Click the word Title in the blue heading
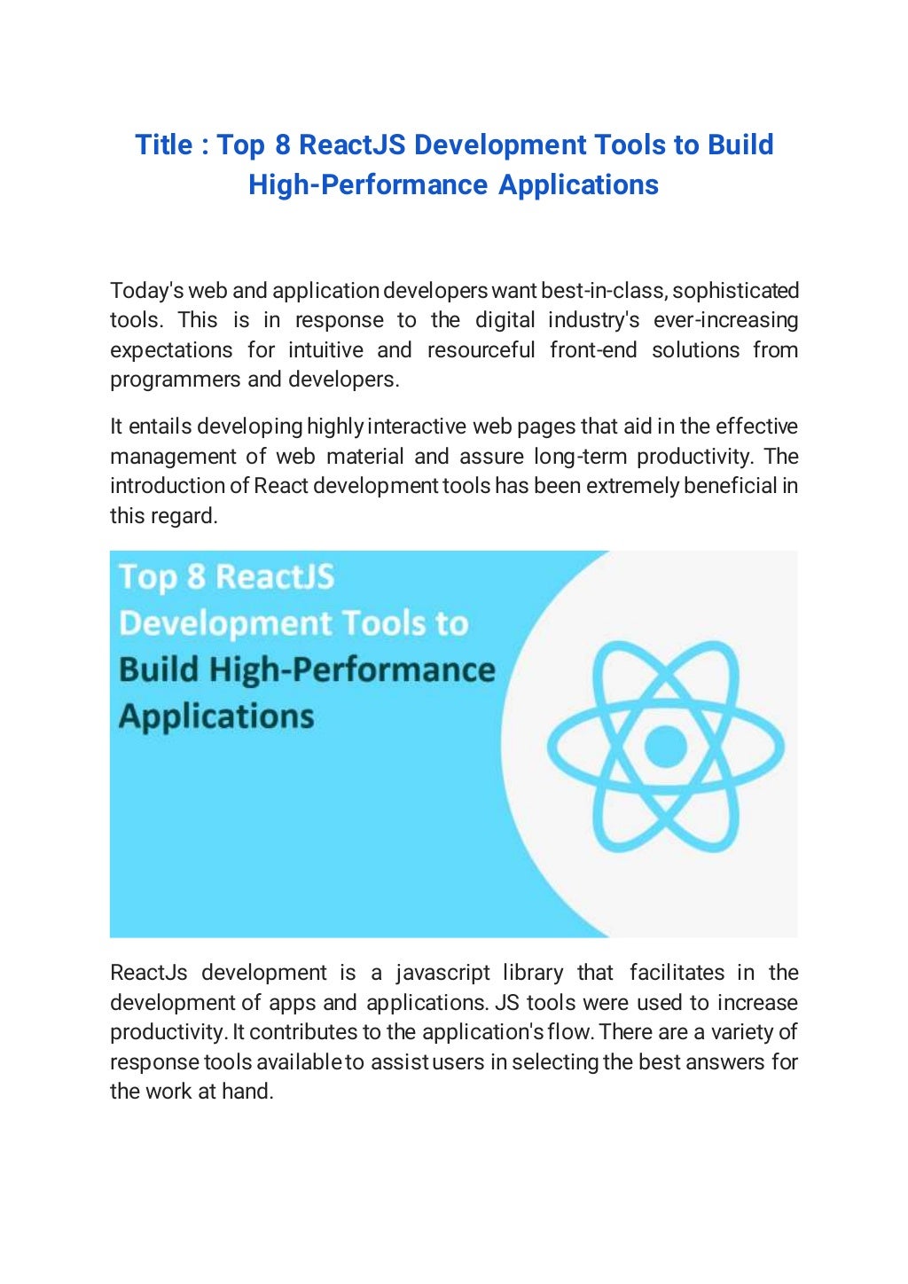click(x=164, y=145)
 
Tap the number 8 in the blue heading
click(x=282, y=145)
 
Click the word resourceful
click(x=481, y=350)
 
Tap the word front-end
click(x=592, y=350)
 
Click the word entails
click(x=160, y=427)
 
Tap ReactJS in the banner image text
click(x=275, y=577)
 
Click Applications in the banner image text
click(x=216, y=716)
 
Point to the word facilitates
click(x=677, y=973)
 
